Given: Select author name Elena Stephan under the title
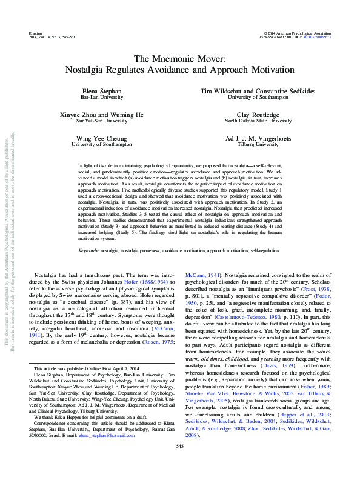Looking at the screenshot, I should coord(101,90).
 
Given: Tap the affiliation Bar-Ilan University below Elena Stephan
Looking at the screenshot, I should coord(101,96).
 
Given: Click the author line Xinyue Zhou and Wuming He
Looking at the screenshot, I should coord(101,115).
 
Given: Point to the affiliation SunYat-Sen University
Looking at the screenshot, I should coord(101,121).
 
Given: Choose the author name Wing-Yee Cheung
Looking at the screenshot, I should coord(101,139).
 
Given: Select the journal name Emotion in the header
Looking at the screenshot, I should coord(36,33).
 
